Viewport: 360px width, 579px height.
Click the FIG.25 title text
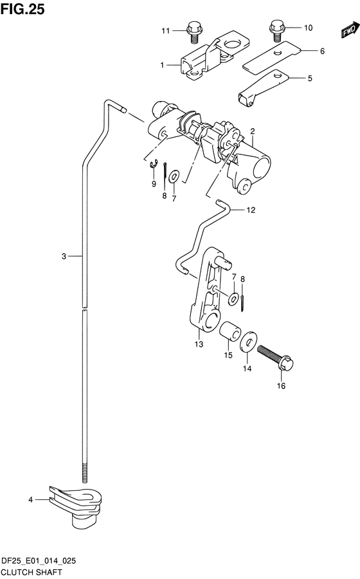pos(22,9)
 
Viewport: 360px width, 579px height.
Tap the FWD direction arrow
pos(350,30)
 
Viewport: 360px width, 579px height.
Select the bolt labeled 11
pos(194,32)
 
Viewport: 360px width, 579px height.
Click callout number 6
pos(322,51)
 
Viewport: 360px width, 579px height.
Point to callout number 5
pos(310,78)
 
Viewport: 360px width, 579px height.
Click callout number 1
pos(162,65)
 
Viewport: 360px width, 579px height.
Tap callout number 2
pos(252,131)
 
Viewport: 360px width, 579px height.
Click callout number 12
pos(251,210)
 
